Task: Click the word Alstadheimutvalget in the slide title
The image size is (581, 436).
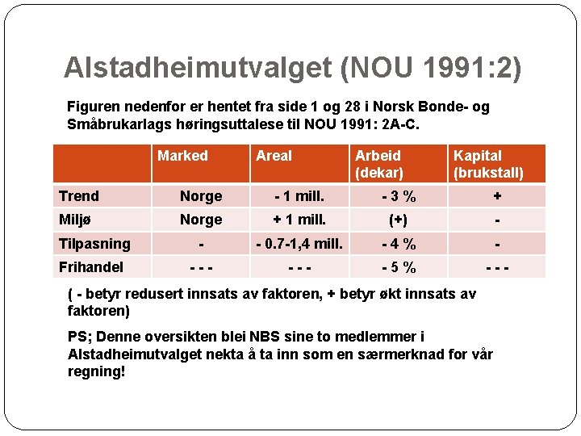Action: point(198,68)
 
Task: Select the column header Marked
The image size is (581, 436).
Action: point(182,156)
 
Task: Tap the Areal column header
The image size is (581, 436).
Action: point(274,156)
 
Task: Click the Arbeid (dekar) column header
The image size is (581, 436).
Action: point(378,163)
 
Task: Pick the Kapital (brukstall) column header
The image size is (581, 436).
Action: point(488,163)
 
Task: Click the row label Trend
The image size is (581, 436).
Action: point(79,196)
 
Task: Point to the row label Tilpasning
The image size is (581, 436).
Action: point(94,243)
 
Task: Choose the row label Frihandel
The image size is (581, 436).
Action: point(91,266)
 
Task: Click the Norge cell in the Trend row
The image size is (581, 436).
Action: point(201,196)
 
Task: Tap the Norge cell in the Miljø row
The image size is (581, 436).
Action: point(201,220)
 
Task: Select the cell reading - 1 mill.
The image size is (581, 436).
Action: point(299,196)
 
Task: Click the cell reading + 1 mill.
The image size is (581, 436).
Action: point(299,220)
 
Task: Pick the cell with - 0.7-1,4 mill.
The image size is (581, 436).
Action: point(299,243)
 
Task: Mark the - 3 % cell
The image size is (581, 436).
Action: point(399,196)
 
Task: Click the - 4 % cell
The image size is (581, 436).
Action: point(399,243)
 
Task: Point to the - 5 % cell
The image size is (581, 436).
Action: point(399,267)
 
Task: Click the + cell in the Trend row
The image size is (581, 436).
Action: point(497,196)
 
